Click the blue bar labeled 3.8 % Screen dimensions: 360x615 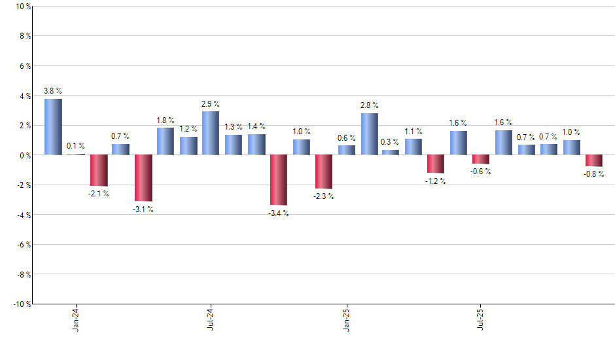click(53, 127)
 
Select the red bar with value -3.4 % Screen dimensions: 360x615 click(279, 180)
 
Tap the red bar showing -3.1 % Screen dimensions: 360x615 click(143, 178)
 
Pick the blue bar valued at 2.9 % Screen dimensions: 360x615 click(211, 134)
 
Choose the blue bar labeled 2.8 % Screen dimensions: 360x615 click(369, 134)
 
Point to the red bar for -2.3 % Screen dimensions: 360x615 click(324, 171)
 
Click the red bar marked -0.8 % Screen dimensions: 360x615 click(594, 161)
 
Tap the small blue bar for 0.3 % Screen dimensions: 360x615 click(391, 153)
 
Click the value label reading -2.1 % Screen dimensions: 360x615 click(99, 194)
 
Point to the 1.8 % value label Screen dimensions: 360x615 click(166, 120)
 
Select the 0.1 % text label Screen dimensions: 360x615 click(75, 146)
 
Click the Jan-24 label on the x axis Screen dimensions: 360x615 click(76, 319)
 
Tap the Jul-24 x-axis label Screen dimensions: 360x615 click(211, 319)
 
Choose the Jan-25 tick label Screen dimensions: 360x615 click(346, 319)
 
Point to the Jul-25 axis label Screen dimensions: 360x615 click(482, 319)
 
